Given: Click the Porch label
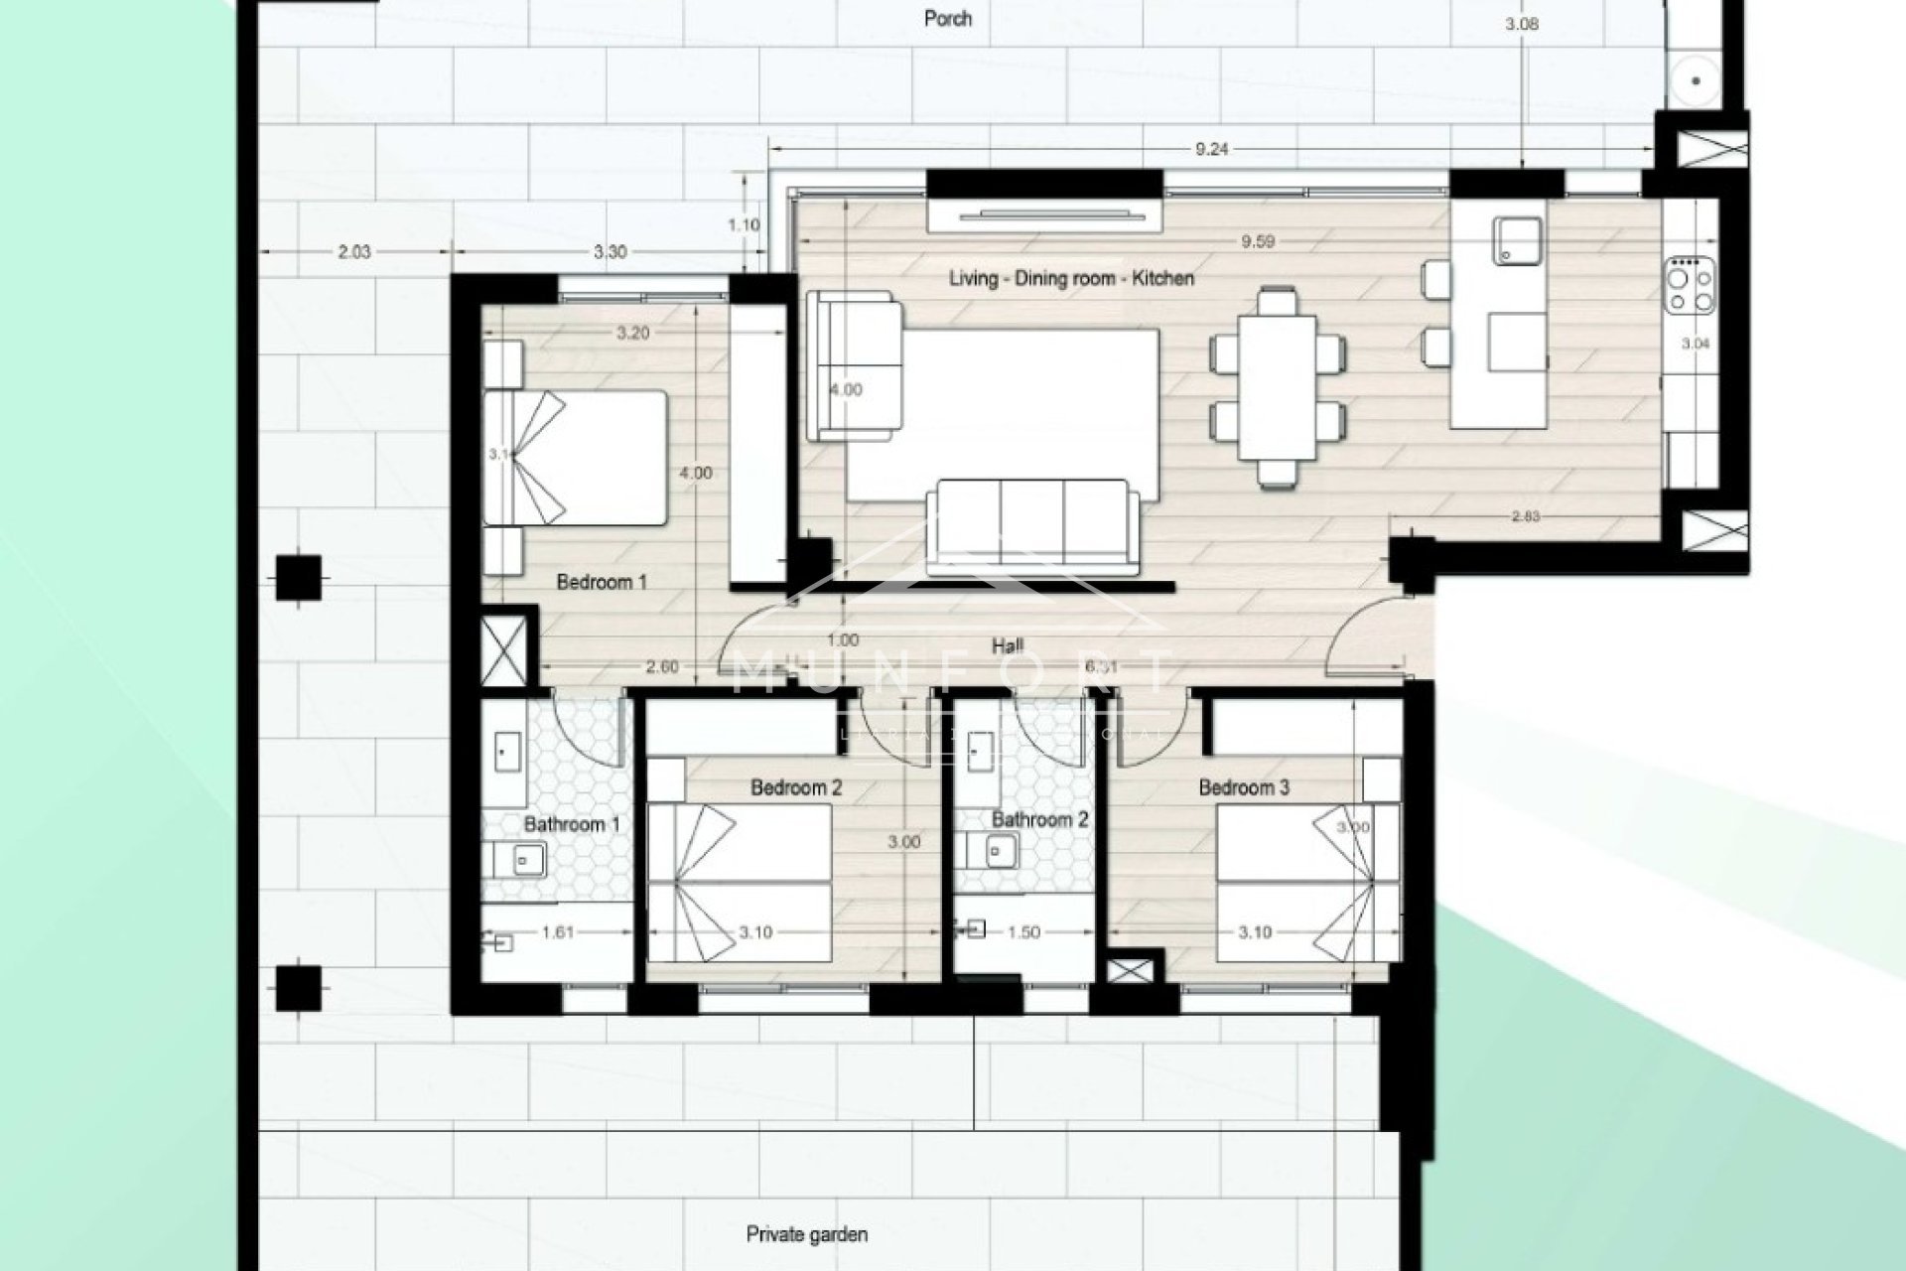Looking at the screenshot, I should [x=947, y=18].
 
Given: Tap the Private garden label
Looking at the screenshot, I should [x=806, y=1234].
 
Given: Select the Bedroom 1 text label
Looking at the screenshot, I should [x=602, y=582].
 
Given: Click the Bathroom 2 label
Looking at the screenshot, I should [x=1039, y=820].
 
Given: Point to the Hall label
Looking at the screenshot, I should [x=1008, y=646].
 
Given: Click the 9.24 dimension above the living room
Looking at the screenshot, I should [x=1211, y=150].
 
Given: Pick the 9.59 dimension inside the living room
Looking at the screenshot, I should [x=1257, y=241].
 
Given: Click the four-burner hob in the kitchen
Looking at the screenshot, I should [x=1690, y=284].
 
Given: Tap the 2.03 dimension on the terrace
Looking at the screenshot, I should [x=353, y=252].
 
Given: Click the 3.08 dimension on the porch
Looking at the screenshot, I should [x=1521, y=24].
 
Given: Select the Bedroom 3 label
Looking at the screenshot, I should [x=1244, y=787].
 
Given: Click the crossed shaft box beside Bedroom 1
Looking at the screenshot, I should [x=505, y=650].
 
